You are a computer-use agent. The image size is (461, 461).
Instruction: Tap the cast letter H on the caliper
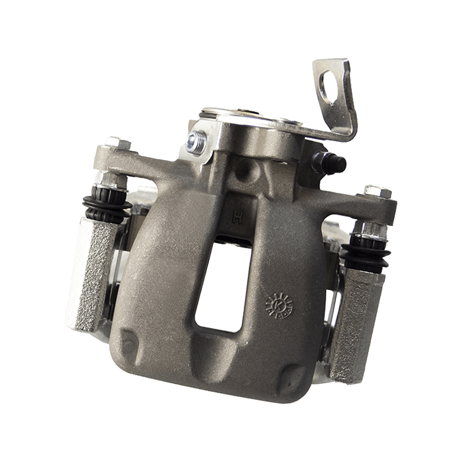[236, 218]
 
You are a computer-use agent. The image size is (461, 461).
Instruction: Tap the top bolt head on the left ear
[115, 141]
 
